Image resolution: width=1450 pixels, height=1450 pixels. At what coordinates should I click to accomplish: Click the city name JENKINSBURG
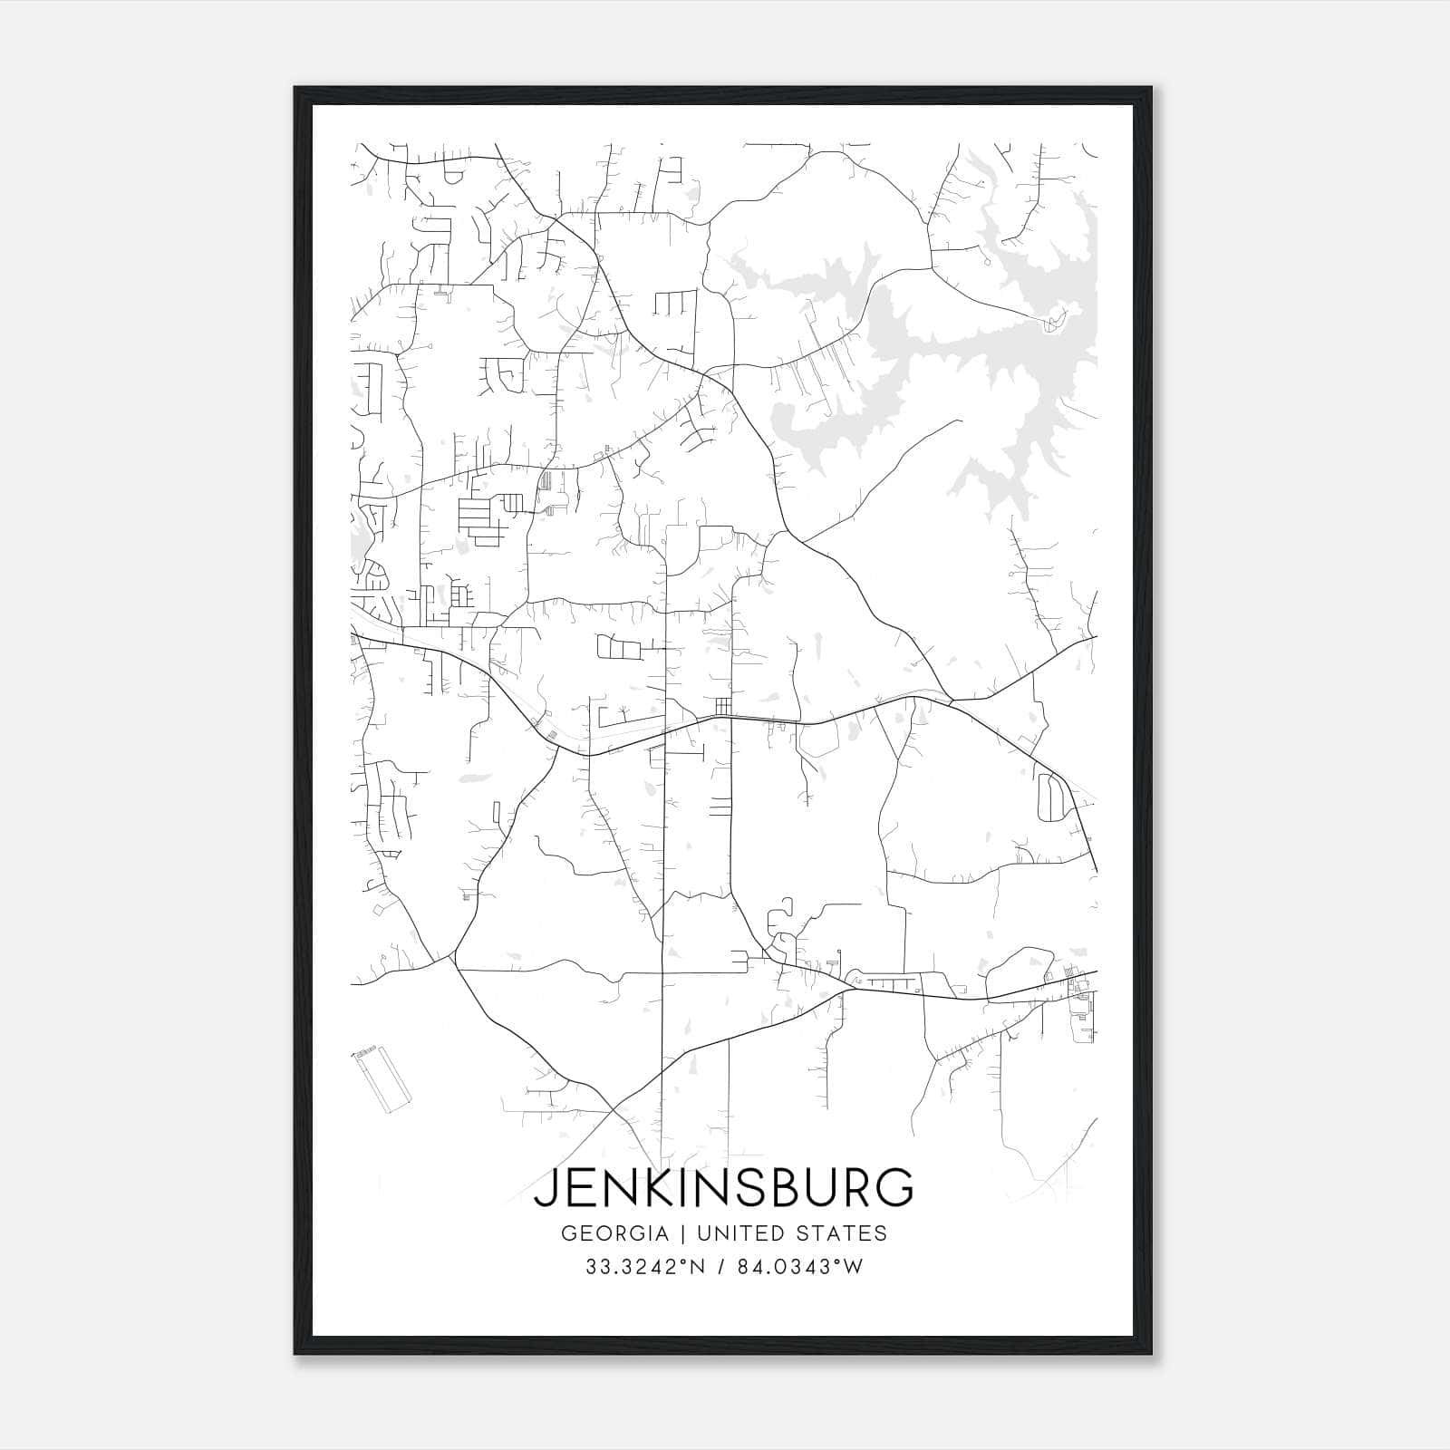point(723,1187)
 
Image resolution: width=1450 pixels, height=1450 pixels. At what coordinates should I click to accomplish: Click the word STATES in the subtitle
point(845,1233)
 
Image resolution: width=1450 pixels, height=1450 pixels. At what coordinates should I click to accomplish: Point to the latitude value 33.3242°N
point(645,1267)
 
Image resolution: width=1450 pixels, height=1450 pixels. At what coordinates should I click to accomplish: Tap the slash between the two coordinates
point(720,1267)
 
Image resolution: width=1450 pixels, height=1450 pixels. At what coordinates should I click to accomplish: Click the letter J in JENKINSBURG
point(547,1188)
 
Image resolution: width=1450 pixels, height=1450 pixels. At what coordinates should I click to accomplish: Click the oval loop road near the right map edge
point(1051,797)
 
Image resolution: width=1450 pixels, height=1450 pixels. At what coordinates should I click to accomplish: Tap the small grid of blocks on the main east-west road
point(722,704)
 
